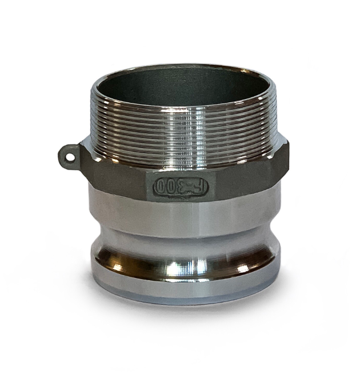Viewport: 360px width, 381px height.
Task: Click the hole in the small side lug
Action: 70,157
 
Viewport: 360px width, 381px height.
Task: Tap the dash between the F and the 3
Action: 193,187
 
